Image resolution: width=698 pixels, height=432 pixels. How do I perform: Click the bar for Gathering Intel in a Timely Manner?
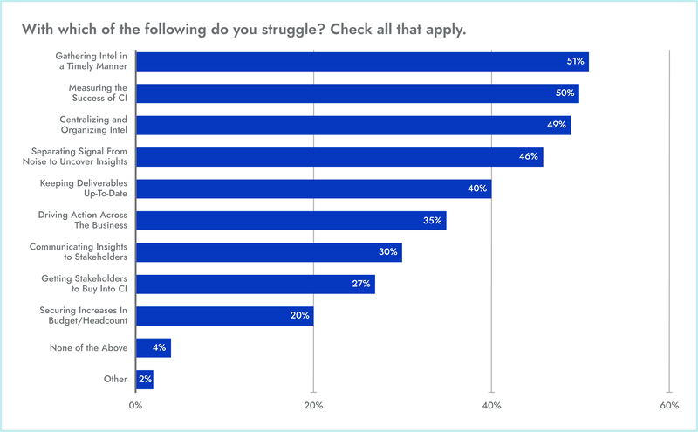tap(362, 62)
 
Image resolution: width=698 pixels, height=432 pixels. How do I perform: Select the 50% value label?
tap(566, 93)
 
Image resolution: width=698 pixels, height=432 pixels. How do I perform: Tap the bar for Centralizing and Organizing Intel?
tap(353, 125)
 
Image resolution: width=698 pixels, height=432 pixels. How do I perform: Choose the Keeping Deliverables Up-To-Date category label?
tap(84, 189)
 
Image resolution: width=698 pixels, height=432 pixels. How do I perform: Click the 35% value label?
tap(433, 220)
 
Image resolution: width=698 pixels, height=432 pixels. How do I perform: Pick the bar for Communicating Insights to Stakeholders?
tap(269, 252)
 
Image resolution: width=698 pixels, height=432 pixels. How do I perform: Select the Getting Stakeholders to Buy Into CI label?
tap(85, 284)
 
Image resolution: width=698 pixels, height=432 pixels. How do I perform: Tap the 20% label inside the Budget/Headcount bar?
tap(299, 315)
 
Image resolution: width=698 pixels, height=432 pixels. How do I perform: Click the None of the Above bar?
tap(154, 347)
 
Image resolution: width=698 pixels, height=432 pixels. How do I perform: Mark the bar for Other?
tap(145, 379)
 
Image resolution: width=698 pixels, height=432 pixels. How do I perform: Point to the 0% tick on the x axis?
tap(135, 406)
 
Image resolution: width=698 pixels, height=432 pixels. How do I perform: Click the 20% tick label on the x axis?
tap(313, 406)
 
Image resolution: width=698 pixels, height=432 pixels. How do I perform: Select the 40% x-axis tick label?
tap(491, 406)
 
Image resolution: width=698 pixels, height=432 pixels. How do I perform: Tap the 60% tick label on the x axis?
tap(669, 406)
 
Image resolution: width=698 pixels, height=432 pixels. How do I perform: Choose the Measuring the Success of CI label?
tap(98, 93)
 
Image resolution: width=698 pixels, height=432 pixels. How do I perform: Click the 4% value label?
tap(160, 347)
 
